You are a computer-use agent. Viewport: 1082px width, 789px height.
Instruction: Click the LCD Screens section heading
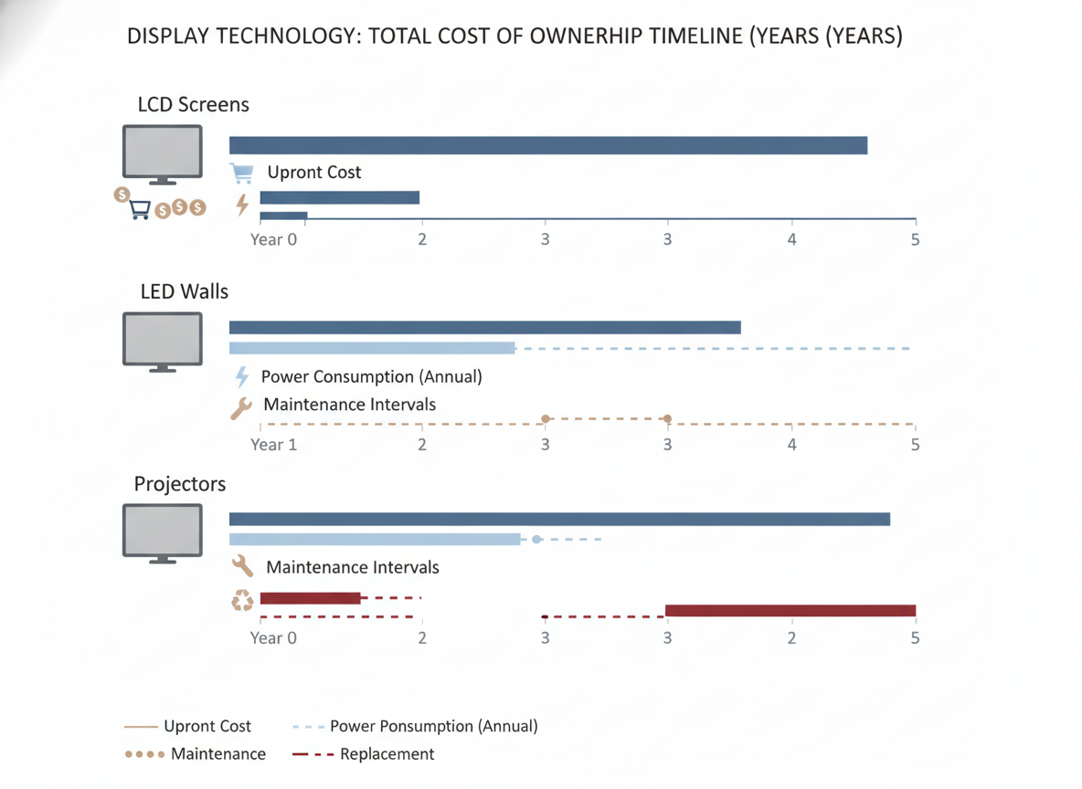pyautogui.click(x=193, y=105)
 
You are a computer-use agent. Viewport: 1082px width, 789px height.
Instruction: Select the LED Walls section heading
pyautogui.click(x=185, y=291)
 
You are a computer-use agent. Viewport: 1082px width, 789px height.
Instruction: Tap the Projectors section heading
pyautogui.click(x=179, y=484)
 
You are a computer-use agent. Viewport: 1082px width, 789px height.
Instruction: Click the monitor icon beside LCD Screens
pyautogui.click(x=162, y=154)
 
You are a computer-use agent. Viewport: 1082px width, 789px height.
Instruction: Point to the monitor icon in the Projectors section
pyautogui.click(x=162, y=533)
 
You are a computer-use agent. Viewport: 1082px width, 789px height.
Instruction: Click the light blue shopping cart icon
pyautogui.click(x=241, y=174)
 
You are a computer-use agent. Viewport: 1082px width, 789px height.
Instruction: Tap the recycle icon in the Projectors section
pyautogui.click(x=242, y=600)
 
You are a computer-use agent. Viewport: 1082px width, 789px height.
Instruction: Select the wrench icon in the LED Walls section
pyautogui.click(x=241, y=408)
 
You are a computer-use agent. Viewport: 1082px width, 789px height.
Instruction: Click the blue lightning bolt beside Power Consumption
pyautogui.click(x=241, y=376)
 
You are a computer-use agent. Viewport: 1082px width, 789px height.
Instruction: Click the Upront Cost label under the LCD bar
pyautogui.click(x=314, y=173)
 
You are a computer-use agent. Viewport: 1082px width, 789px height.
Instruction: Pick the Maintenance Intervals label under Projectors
pyautogui.click(x=353, y=568)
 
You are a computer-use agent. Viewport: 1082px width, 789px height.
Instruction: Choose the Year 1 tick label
pyautogui.click(x=273, y=445)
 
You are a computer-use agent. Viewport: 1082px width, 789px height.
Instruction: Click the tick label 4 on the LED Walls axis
pyautogui.click(x=791, y=445)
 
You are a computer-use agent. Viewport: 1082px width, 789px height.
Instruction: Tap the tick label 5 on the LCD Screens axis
pyautogui.click(x=915, y=240)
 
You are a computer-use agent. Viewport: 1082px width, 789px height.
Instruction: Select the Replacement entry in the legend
pyautogui.click(x=363, y=754)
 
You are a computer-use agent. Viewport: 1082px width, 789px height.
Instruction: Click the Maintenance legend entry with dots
pyautogui.click(x=196, y=754)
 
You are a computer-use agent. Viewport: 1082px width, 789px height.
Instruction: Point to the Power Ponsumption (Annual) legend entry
pyautogui.click(x=415, y=726)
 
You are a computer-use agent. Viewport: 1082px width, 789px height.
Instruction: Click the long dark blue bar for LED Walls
pyautogui.click(x=485, y=328)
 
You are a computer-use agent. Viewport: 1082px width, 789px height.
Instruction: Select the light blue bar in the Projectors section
pyautogui.click(x=375, y=540)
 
